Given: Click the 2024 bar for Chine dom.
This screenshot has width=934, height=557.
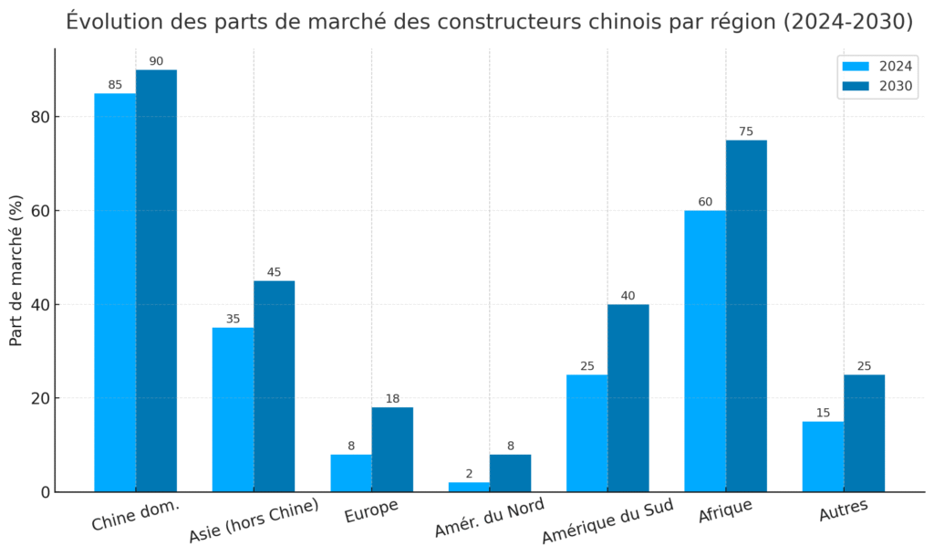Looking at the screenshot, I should (x=115, y=292).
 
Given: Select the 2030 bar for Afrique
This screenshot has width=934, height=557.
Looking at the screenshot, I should (x=746, y=316).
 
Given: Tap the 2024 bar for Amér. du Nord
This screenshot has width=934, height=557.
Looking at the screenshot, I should (x=469, y=487).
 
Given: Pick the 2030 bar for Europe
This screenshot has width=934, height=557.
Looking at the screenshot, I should (x=392, y=449).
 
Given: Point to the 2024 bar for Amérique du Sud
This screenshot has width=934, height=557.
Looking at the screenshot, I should (x=586, y=433).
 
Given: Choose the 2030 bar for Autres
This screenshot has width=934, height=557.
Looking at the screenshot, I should (x=864, y=433).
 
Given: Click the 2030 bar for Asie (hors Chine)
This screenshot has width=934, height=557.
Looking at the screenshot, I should (x=274, y=386).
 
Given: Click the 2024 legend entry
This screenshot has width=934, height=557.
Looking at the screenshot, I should (x=877, y=66).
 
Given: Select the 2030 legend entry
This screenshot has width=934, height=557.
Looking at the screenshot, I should (x=877, y=87).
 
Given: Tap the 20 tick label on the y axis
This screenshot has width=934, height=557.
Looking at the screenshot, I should (x=36, y=398).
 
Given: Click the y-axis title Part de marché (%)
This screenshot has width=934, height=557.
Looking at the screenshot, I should (x=16, y=270).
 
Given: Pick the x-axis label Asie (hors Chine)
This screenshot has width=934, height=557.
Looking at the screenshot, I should (x=254, y=521).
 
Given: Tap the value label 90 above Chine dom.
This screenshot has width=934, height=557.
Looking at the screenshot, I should (x=156, y=61).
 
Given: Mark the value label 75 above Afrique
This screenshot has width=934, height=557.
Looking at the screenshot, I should (x=746, y=131).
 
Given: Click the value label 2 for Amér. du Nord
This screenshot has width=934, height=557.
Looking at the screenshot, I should (x=469, y=474).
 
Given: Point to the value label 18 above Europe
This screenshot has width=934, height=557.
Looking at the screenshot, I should (x=392, y=399).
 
